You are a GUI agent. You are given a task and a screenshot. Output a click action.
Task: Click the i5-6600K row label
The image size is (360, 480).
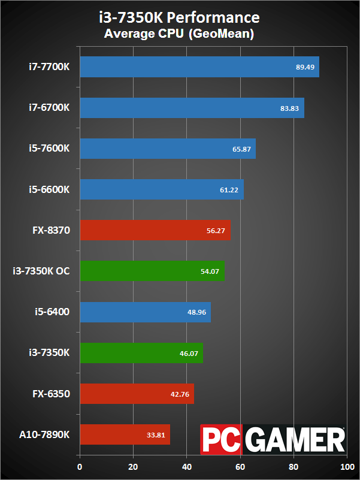pyautogui.click(x=49, y=189)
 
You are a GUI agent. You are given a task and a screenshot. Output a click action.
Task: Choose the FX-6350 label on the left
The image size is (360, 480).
pyautogui.click(x=51, y=394)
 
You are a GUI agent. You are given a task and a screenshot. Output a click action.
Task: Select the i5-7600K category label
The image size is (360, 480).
pyautogui.click(x=49, y=149)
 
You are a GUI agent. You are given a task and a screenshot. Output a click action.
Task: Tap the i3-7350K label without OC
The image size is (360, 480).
pyautogui.click(x=49, y=353)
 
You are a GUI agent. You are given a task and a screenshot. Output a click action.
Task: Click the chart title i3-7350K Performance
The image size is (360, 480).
pyautogui.click(x=180, y=17)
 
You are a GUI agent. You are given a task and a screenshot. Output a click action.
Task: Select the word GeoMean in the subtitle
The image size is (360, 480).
pyautogui.click(x=222, y=34)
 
